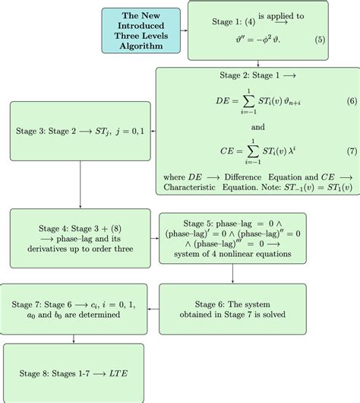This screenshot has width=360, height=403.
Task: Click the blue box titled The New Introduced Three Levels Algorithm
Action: click(x=142, y=31)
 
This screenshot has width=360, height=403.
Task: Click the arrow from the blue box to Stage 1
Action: click(x=185, y=31)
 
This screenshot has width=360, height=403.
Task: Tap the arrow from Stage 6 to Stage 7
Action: click(x=151, y=309)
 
